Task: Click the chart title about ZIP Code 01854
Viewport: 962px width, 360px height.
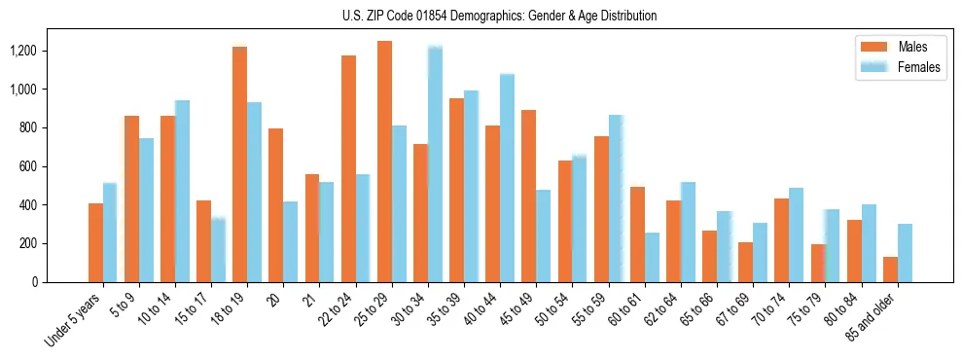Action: [x=499, y=16]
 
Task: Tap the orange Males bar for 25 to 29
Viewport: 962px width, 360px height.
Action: [x=384, y=162]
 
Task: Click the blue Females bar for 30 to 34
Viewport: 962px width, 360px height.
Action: [x=435, y=164]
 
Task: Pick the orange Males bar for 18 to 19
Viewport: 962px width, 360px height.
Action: [x=239, y=164]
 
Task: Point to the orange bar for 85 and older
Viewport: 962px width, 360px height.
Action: [x=890, y=270]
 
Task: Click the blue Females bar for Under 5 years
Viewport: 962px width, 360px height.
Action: [x=110, y=233]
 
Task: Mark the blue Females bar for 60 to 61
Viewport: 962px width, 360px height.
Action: [x=652, y=257]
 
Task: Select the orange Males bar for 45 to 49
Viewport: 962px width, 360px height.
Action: [x=528, y=196]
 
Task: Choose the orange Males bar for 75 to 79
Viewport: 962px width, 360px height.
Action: [x=818, y=263]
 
